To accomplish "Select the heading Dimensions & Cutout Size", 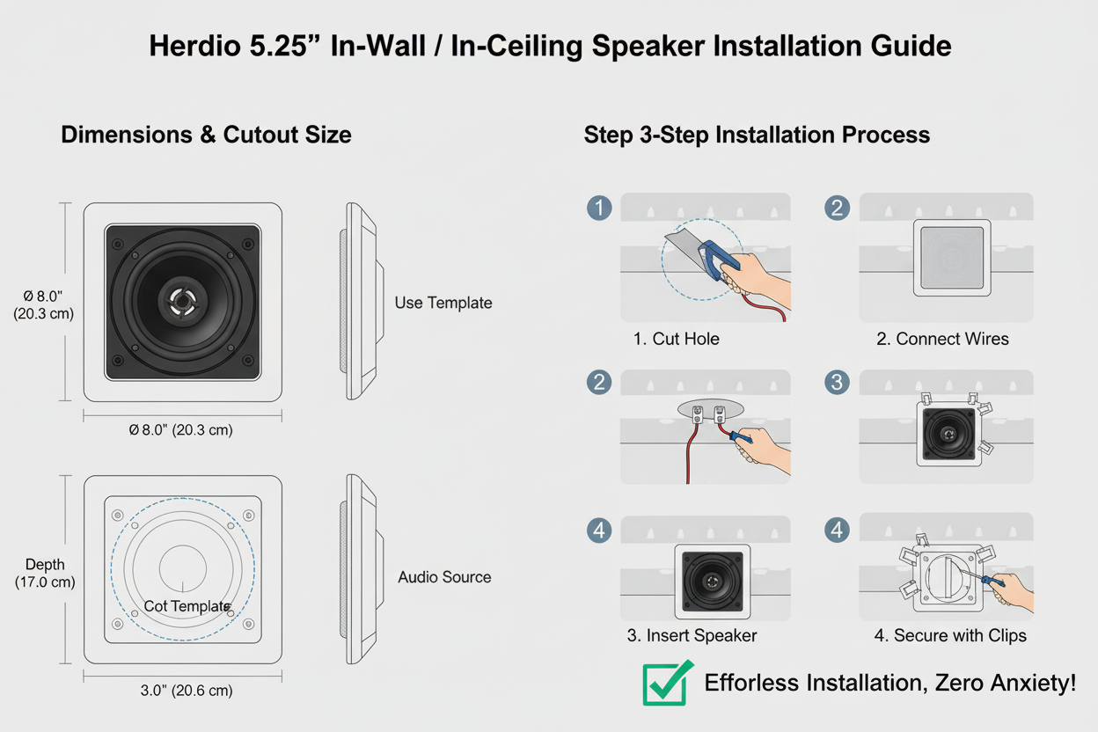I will coord(206,135).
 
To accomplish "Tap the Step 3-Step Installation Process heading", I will coord(757,135).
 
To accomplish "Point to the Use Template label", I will coord(443,303).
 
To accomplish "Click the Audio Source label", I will coord(444,577).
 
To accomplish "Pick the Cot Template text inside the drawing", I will coord(187,606).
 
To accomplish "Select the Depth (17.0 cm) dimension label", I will coord(45,573).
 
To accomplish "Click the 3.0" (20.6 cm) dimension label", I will coord(187,691).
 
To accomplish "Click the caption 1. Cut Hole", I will coord(676,339).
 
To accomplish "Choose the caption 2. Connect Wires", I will coord(942,339).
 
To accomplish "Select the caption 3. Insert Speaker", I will coord(692,635).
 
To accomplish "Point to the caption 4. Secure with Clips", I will coord(950,635).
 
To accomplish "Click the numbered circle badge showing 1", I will coord(599,209).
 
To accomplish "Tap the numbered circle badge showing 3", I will coord(837,383).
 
